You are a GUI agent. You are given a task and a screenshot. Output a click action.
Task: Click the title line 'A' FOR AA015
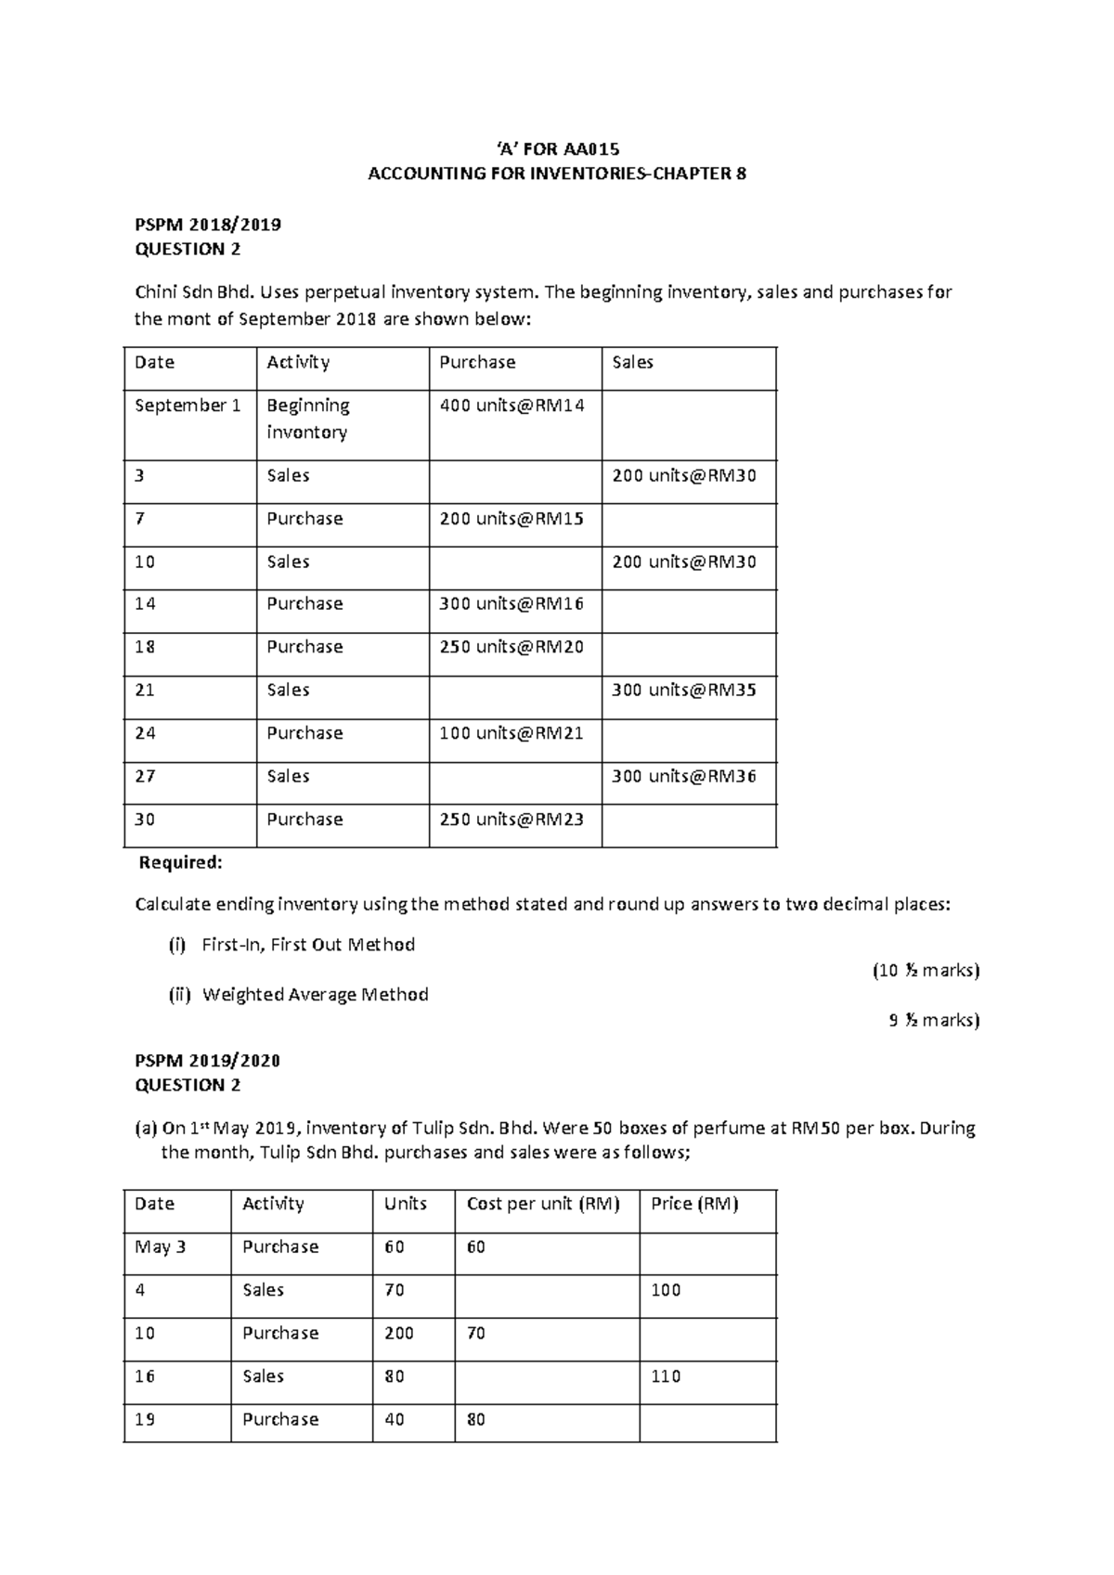click(557, 149)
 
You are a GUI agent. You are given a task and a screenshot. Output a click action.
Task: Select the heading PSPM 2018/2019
click(208, 225)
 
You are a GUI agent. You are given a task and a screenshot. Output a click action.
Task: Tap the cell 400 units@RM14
click(512, 406)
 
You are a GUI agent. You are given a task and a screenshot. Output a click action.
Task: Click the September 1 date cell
click(188, 406)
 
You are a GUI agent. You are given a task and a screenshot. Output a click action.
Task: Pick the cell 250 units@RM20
click(512, 647)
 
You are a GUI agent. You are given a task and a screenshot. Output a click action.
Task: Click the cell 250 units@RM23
click(512, 820)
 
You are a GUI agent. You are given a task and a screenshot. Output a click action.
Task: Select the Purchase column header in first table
click(477, 363)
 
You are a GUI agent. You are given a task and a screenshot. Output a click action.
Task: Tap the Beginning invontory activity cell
click(308, 419)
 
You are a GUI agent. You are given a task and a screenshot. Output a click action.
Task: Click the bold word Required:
click(180, 862)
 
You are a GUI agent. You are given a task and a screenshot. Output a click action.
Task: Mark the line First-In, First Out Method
click(307, 945)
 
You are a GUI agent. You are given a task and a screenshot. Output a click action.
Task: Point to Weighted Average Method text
click(315, 995)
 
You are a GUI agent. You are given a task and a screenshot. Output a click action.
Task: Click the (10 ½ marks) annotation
click(926, 971)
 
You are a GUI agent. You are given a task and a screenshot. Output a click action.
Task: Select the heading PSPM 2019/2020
click(208, 1060)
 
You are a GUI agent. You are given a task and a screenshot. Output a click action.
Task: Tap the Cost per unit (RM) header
click(542, 1204)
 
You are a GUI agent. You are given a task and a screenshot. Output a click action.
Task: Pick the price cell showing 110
click(666, 1376)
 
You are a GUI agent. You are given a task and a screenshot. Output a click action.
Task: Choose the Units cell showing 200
click(399, 1334)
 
